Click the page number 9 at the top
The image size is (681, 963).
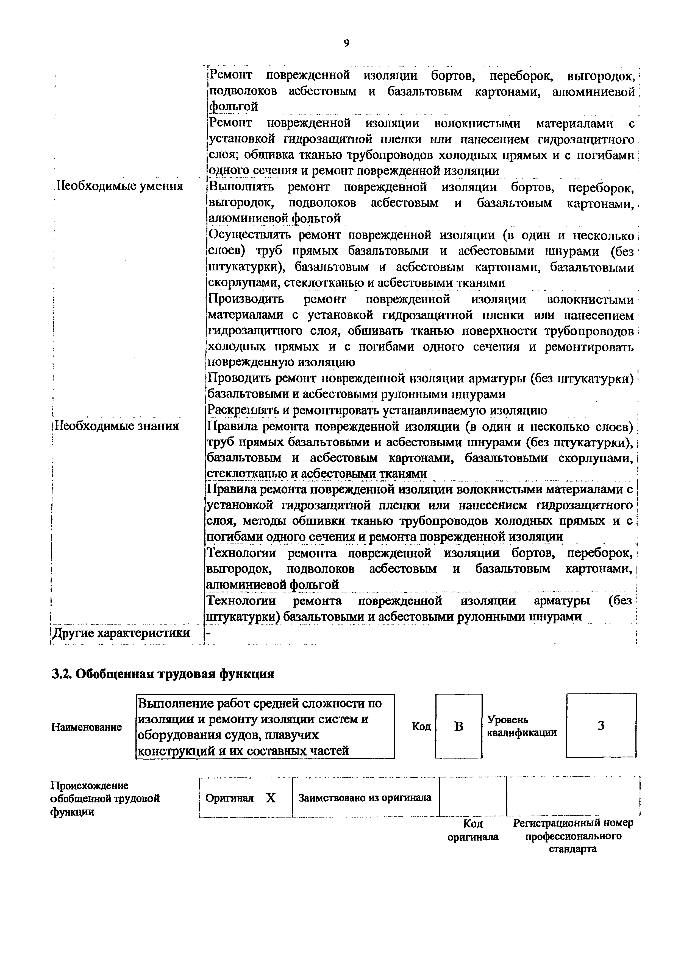click(x=346, y=43)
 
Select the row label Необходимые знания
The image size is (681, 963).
click(x=117, y=426)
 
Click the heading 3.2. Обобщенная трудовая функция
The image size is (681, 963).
click(x=163, y=674)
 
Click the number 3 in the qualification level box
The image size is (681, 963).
click(x=601, y=726)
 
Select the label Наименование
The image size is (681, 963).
click(x=87, y=727)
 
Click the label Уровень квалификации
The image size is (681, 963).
click(x=522, y=726)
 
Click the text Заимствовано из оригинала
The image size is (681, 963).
click(x=365, y=797)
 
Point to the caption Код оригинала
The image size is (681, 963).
click(x=473, y=830)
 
